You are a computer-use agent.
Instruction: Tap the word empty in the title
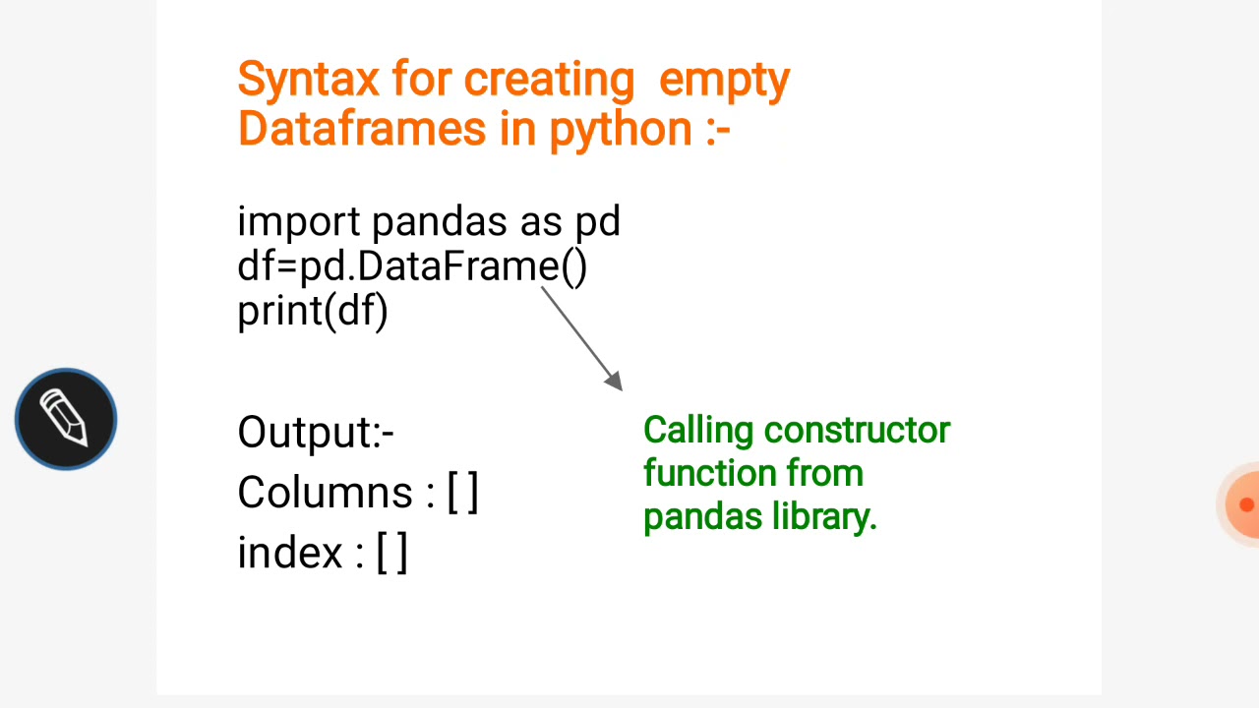pos(724,80)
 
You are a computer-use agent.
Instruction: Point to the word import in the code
pos(299,222)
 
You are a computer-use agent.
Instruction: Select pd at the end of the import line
pos(597,222)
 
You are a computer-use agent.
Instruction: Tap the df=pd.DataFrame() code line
pos(412,266)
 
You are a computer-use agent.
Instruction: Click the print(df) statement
pos(313,312)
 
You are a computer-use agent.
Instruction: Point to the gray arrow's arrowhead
pos(614,382)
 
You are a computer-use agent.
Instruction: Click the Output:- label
pos(316,433)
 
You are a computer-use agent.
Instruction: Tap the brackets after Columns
pos(462,493)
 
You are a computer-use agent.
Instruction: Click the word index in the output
pos(289,553)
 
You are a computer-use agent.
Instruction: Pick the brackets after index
pos(391,553)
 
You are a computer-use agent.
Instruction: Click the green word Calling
pos(698,431)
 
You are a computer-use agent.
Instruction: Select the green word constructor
pos(858,431)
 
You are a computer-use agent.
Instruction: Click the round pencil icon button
pos(66,419)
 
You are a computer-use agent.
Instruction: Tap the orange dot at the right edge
pos(1245,504)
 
